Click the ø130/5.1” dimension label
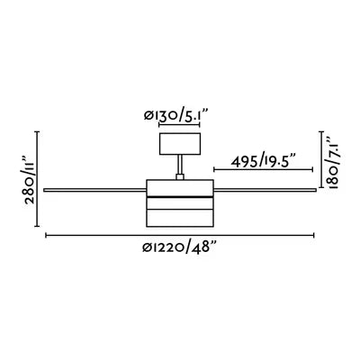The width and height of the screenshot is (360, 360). coord(175,115)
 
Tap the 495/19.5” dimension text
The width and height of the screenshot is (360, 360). coord(264,162)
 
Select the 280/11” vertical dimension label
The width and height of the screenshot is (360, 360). coord(29,179)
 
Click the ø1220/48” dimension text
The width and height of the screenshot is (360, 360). coord(179,247)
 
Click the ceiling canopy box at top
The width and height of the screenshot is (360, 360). coord(180,144)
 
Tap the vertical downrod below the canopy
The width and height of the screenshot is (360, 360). coord(180,165)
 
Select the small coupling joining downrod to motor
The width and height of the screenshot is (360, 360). coord(180,177)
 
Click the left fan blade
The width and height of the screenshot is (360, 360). coord(94,190)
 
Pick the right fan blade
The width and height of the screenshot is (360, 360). coord(265,190)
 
